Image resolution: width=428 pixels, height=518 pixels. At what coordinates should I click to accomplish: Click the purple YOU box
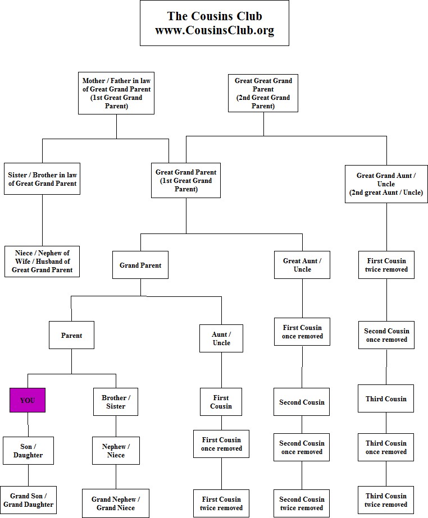(28, 400)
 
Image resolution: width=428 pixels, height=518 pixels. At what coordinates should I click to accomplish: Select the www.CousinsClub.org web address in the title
(215, 31)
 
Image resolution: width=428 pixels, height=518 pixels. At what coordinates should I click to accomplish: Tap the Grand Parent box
(140, 265)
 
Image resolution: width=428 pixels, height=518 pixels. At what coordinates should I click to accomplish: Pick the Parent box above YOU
(71, 336)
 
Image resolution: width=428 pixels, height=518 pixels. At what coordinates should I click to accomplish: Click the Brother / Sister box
(116, 402)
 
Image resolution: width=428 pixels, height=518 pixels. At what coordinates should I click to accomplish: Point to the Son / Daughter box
(28, 451)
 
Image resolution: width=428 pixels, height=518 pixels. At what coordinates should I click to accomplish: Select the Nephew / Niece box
(116, 451)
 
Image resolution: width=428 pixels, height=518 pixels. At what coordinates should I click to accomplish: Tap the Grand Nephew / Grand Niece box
(116, 503)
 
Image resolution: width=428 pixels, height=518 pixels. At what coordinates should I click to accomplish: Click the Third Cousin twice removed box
(386, 500)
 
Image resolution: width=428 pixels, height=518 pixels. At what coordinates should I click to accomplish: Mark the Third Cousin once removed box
(386, 447)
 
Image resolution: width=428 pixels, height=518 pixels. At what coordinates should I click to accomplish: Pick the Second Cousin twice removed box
(302, 503)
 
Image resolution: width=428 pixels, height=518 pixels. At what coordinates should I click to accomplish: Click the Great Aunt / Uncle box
(302, 265)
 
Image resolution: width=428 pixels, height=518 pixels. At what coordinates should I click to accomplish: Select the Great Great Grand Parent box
(263, 93)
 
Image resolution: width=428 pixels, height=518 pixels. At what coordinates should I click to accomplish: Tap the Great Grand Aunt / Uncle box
(386, 184)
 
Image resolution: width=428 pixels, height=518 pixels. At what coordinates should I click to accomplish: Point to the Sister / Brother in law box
(42, 179)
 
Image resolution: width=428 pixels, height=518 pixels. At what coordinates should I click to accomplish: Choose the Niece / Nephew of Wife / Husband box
(42, 262)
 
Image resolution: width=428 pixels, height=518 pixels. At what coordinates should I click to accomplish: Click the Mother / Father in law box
(116, 93)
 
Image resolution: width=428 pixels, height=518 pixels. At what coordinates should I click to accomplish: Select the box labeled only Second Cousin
(302, 402)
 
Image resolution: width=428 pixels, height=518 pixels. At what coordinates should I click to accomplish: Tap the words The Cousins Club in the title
(215, 16)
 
